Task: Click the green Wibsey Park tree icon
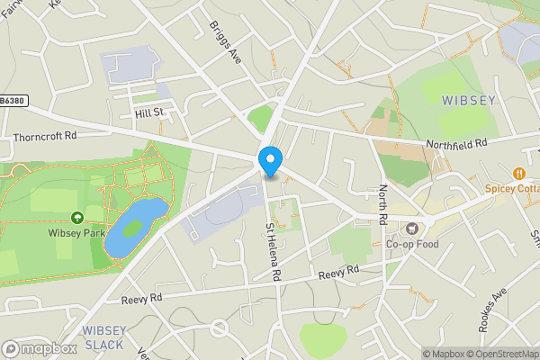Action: pyautogui.click(x=77, y=217)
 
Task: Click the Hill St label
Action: pyautogui.click(x=148, y=112)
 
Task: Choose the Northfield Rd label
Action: pyautogui.click(x=455, y=142)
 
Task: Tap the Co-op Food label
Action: pyautogui.click(x=412, y=244)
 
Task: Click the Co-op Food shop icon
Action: pyautogui.click(x=413, y=229)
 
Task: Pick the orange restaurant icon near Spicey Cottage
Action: pyautogui.click(x=518, y=173)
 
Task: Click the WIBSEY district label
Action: pyautogui.click(x=467, y=100)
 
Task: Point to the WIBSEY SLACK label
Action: pyautogui.click(x=104, y=337)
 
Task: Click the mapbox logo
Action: pyautogui.click(x=40, y=347)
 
